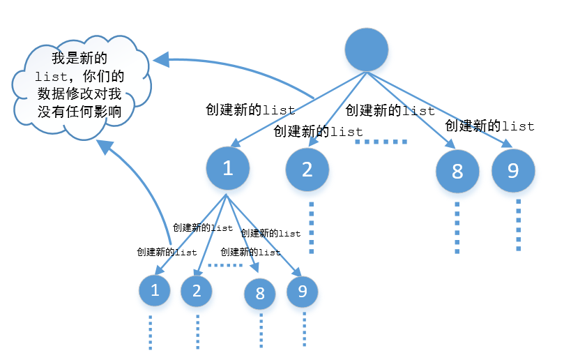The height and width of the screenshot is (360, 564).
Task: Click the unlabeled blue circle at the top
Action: [x=367, y=50]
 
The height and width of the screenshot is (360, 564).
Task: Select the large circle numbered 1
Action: [x=227, y=168]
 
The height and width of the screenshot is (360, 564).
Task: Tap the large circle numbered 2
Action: [x=307, y=169]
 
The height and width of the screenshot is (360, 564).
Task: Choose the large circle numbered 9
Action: [x=513, y=170]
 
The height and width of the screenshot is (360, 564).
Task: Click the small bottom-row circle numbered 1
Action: [x=155, y=291]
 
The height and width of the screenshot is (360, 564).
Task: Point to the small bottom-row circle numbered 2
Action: [x=197, y=291]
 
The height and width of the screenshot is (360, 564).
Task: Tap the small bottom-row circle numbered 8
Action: [x=260, y=293]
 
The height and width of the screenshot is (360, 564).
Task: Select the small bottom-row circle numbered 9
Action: [x=302, y=291]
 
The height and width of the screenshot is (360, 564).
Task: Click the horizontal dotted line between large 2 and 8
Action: [x=381, y=142]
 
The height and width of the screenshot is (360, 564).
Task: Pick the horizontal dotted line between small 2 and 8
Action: [x=224, y=265]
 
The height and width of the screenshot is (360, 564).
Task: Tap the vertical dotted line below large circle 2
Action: [x=312, y=227]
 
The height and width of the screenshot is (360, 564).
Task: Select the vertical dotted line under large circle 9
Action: [x=518, y=225]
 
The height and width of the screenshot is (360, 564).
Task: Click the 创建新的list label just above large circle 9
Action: [x=489, y=126]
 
